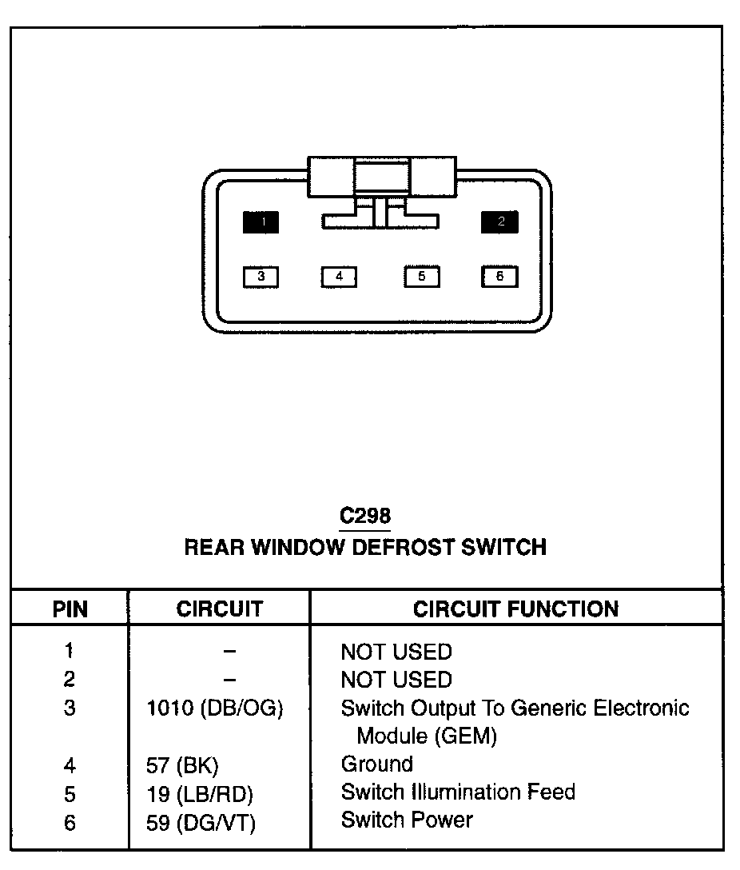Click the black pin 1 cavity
(x=261, y=222)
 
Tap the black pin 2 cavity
(x=499, y=222)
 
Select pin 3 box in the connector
(x=261, y=277)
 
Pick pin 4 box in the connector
(x=340, y=277)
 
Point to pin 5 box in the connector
(x=421, y=277)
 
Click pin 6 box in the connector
(x=499, y=277)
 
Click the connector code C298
(x=365, y=516)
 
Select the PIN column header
(x=70, y=609)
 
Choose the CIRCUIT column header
(x=219, y=609)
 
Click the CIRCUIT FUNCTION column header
(x=515, y=609)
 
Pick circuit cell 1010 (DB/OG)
(x=215, y=708)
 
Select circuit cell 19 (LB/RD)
(x=200, y=794)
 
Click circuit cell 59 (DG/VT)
(x=201, y=822)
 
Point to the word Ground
(x=376, y=764)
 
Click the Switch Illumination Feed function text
(x=457, y=792)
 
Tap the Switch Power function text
(x=406, y=820)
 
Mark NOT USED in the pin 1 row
(x=396, y=652)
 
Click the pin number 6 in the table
(x=70, y=822)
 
